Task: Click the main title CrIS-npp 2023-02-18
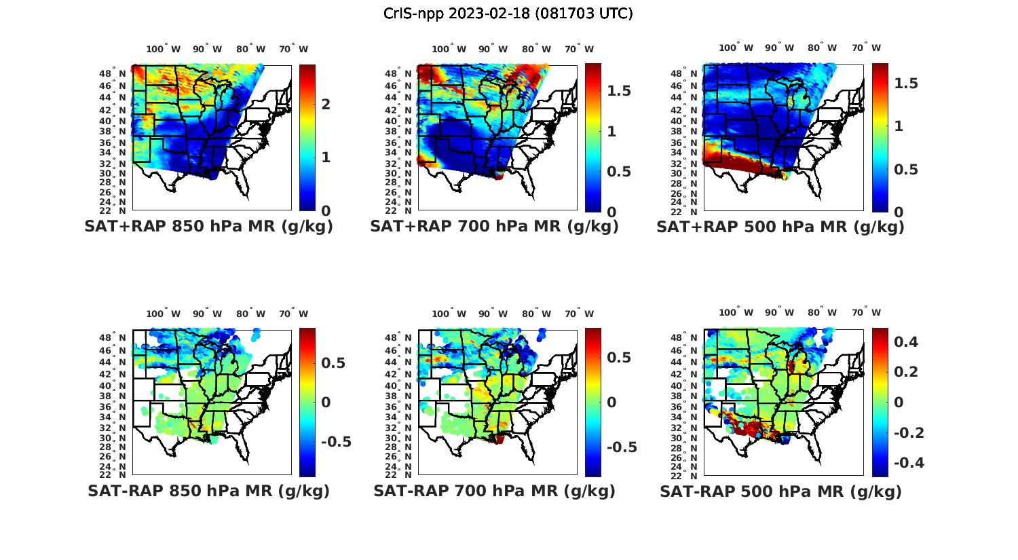[508, 14]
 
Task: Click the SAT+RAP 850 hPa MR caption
[208, 227]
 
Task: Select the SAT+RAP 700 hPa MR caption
[494, 227]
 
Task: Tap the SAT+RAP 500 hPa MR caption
[780, 227]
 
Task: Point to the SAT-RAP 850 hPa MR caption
[208, 491]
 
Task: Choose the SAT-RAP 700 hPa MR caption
[494, 491]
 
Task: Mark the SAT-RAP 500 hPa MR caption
[780, 491]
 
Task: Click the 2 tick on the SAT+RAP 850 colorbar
[326, 104]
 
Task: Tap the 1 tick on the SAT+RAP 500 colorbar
[900, 126]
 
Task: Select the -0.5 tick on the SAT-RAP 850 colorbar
[336, 442]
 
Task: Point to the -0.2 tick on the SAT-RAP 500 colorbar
[909, 432]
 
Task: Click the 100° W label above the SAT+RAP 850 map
[164, 49]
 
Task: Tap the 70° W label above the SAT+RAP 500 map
[866, 48]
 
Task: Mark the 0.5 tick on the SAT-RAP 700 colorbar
[618, 358]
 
